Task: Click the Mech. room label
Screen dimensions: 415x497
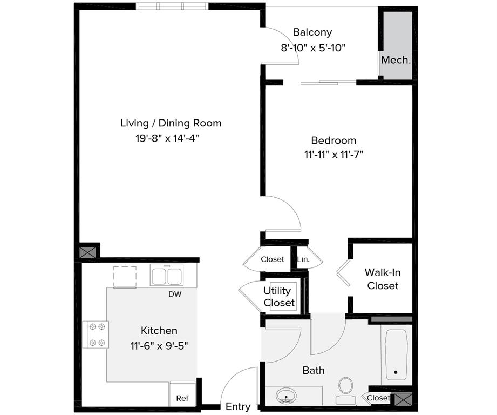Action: coord(396,60)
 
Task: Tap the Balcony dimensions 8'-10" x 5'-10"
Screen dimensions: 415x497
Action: coord(313,48)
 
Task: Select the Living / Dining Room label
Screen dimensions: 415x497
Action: coord(171,123)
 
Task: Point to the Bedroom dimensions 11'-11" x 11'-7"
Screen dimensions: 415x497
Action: coord(333,155)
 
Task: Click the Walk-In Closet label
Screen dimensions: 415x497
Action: coord(383,279)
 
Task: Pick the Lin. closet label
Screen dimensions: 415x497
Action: coord(303,259)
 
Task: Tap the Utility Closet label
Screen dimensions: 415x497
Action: coord(279,297)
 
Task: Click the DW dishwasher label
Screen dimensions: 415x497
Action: coord(175,294)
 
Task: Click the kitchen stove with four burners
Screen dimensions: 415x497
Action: coord(96,334)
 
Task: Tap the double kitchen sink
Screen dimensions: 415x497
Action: coord(166,276)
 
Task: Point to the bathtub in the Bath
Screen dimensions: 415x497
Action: coord(397,351)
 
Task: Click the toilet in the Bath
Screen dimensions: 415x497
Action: coord(345,389)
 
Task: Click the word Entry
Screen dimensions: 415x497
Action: coord(238,407)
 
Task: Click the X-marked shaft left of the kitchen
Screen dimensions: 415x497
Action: coord(89,252)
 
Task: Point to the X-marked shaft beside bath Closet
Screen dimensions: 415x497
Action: coord(402,400)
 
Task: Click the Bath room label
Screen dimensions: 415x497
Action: coord(314,370)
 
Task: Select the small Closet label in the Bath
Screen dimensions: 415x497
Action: coord(378,398)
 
